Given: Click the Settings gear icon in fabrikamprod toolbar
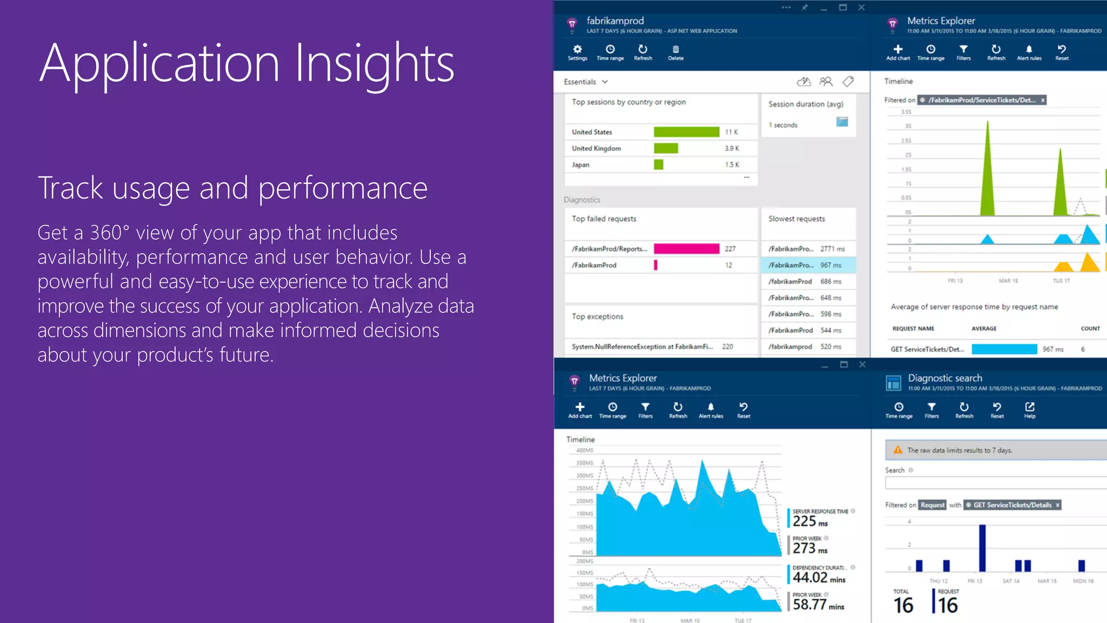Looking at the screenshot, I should (577, 49).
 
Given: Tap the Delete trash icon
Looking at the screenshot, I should (676, 49).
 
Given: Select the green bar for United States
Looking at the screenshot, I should (686, 132).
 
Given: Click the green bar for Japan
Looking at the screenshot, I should (658, 164).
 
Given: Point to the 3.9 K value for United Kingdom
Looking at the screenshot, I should (732, 148).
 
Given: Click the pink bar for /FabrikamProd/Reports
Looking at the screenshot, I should (686, 249).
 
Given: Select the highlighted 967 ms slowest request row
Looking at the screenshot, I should (808, 265).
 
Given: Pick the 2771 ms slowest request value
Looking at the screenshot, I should (832, 249).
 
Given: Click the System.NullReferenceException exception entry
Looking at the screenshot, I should (642, 347).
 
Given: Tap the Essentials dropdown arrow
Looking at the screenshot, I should (605, 82).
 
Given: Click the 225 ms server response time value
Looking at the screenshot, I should (810, 521).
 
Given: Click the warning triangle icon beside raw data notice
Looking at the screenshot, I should (898, 450).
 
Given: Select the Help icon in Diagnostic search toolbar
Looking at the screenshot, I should (1030, 407).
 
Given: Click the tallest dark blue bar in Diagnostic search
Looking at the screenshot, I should (982, 547).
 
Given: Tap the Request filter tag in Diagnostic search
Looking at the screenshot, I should (932, 505).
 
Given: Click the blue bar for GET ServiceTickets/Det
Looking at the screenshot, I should (1004, 349).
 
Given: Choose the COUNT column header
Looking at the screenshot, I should (1090, 329).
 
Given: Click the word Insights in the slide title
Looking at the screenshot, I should (374, 64).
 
